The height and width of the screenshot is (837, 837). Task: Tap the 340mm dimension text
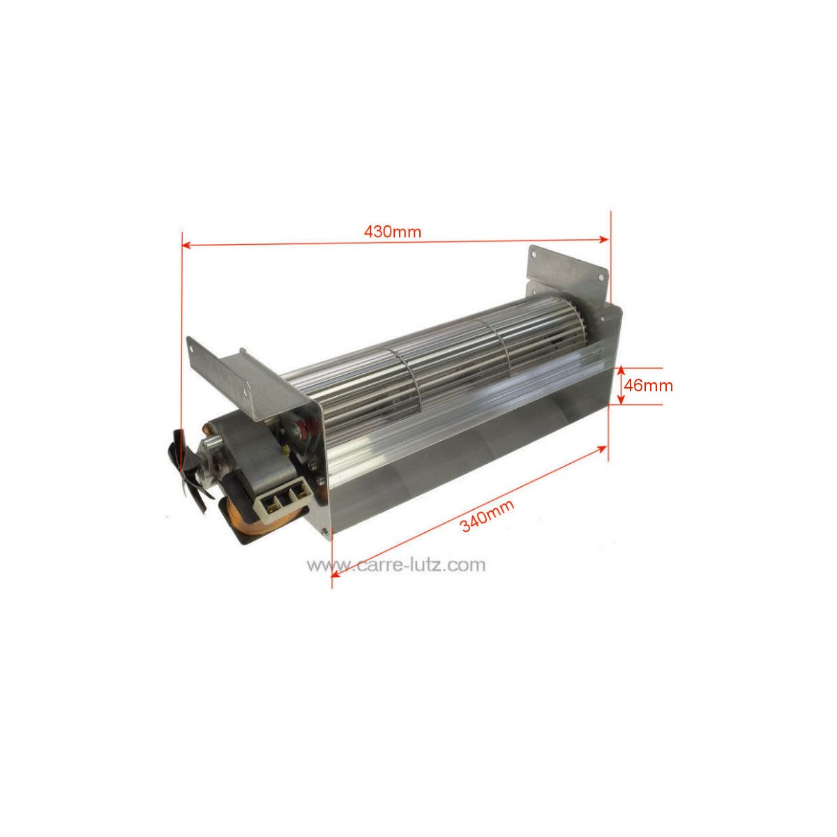[x=488, y=515]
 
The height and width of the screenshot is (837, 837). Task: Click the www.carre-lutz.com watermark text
[x=396, y=565]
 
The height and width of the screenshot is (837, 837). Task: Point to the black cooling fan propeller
[x=186, y=464]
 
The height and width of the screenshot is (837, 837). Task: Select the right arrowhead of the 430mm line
[x=604, y=239]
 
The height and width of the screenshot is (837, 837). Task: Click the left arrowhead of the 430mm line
[x=186, y=245]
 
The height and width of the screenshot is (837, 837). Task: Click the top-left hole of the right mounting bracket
[x=535, y=255]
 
